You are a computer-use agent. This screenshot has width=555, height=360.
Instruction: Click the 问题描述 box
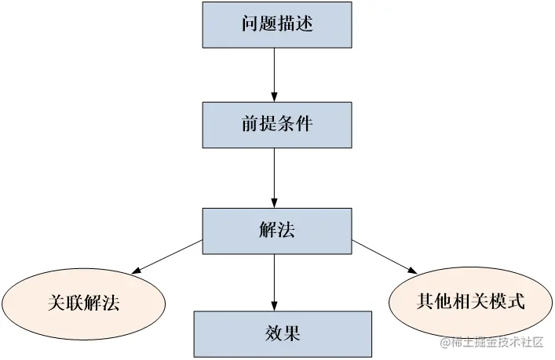coord(276,24)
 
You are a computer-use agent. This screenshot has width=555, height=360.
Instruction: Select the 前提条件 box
coord(276,125)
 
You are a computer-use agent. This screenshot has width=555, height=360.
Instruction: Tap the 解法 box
coord(276,231)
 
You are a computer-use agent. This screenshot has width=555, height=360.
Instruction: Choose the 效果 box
coord(283,334)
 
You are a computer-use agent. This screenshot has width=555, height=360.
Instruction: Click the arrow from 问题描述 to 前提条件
coord(273,75)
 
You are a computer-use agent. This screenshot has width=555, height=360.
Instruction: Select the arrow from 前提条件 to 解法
coord(273,177)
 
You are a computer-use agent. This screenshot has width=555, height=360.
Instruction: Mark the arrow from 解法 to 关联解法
coord(166,256)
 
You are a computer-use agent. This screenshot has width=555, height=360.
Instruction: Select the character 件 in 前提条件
coord(304,125)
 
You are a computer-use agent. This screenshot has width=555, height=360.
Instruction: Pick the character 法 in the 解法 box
coord(286,231)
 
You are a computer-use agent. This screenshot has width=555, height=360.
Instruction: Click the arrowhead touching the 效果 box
coord(273,305)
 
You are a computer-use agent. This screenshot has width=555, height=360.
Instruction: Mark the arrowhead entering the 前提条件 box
coord(273,96)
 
